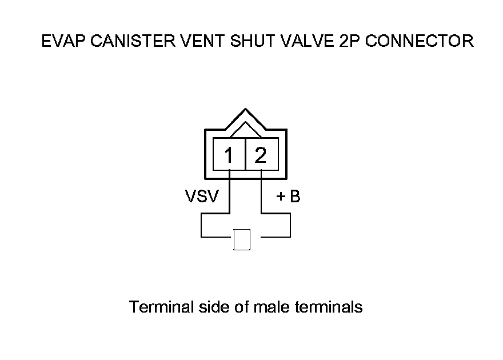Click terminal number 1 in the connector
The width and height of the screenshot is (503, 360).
(x=229, y=154)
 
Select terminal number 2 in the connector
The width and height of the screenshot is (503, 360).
(x=261, y=154)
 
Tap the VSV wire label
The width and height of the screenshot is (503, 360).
(x=201, y=197)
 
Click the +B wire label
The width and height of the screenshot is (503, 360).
(x=288, y=197)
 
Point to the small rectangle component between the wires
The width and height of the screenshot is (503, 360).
(x=242, y=239)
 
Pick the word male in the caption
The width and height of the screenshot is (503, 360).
(x=272, y=307)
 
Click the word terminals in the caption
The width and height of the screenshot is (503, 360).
(x=328, y=307)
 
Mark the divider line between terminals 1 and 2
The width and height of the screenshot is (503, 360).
(x=245, y=154)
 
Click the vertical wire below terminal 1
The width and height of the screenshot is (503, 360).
(x=229, y=194)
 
